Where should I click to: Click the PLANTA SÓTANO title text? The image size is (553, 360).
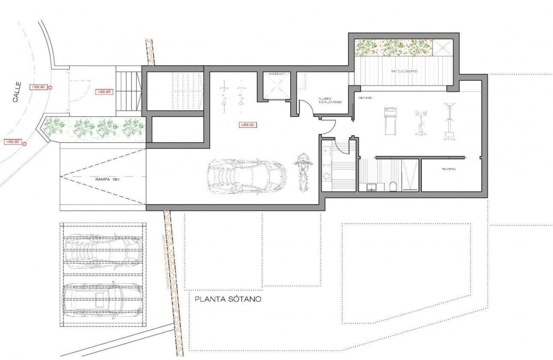228,299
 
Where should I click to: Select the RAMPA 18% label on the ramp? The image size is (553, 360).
108,180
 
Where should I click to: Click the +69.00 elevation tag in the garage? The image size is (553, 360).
248,125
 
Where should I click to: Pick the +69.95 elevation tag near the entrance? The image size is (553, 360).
103,92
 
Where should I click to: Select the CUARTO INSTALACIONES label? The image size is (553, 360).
330,101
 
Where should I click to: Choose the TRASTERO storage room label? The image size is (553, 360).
448,170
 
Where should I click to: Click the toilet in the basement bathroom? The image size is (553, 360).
393,186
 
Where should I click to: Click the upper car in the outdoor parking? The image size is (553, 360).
104,249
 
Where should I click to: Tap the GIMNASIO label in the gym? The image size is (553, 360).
365,98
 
